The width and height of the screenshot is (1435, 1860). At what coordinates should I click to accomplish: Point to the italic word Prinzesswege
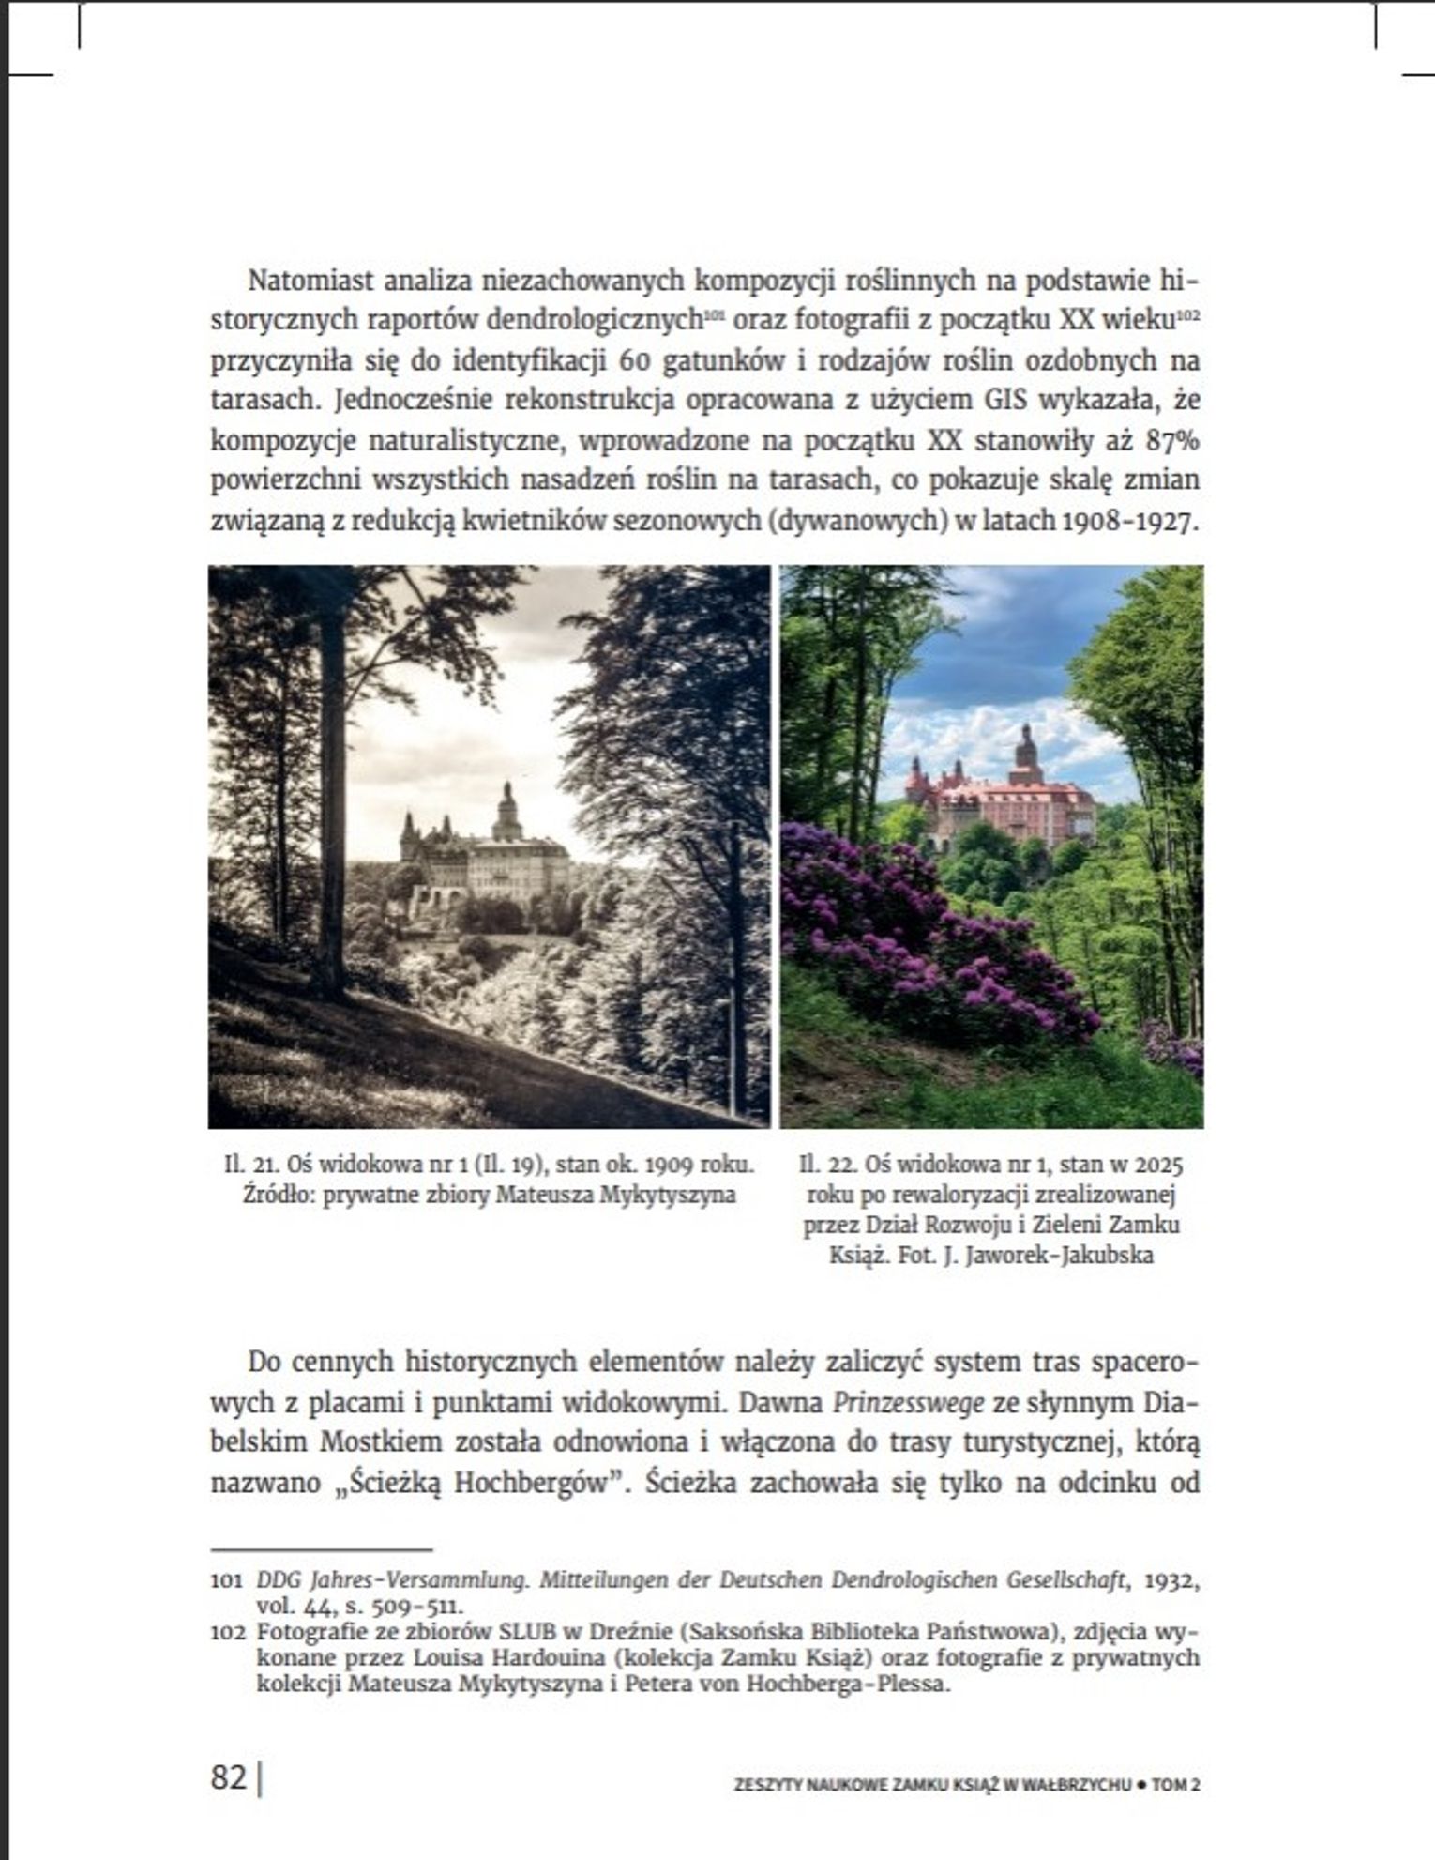click(908, 1403)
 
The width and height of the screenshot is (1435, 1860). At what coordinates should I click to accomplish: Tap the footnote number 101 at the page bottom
click(226, 1580)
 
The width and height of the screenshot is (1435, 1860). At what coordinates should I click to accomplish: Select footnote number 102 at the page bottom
click(226, 1631)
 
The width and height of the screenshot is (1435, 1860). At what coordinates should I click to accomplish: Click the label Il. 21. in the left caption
click(246, 1165)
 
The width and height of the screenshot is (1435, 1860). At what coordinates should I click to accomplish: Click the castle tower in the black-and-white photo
click(506, 812)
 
